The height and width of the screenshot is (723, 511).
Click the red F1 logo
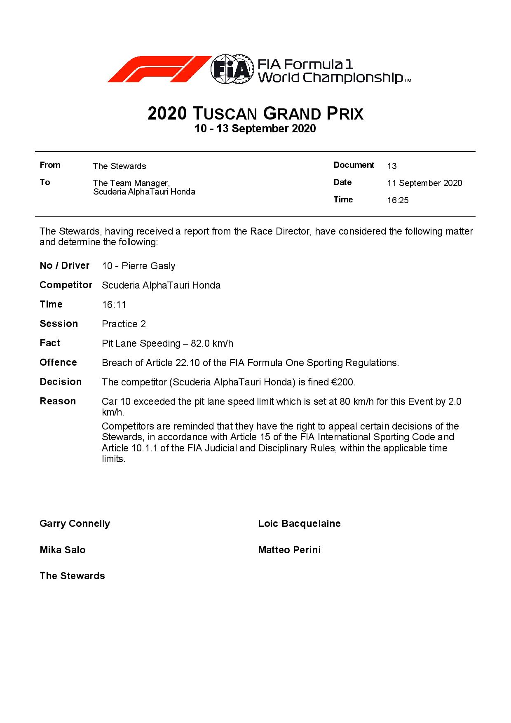pos(159,69)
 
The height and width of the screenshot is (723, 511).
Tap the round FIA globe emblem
pos(231,69)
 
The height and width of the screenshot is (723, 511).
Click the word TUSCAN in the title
pos(225,114)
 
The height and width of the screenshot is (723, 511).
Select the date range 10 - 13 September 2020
pos(255,129)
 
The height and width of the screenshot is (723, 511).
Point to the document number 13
pos(391,166)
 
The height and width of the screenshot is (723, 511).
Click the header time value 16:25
pos(398,201)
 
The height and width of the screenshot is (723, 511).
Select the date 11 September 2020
pos(424,183)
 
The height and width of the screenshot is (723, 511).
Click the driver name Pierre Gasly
pos(148,266)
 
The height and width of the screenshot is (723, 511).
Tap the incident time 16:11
pos(114,305)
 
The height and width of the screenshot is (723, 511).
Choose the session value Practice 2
pos(124,324)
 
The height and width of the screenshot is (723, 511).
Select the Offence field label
pos(58,362)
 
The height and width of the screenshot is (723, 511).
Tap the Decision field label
pos(61,382)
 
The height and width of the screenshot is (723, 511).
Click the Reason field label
pos(58,401)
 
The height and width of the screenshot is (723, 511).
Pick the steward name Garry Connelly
pos(75,523)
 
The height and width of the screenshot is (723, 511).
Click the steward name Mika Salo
pos(63,550)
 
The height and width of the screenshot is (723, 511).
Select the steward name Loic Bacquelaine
pos(299,523)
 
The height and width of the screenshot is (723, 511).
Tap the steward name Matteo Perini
pos(289,550)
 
